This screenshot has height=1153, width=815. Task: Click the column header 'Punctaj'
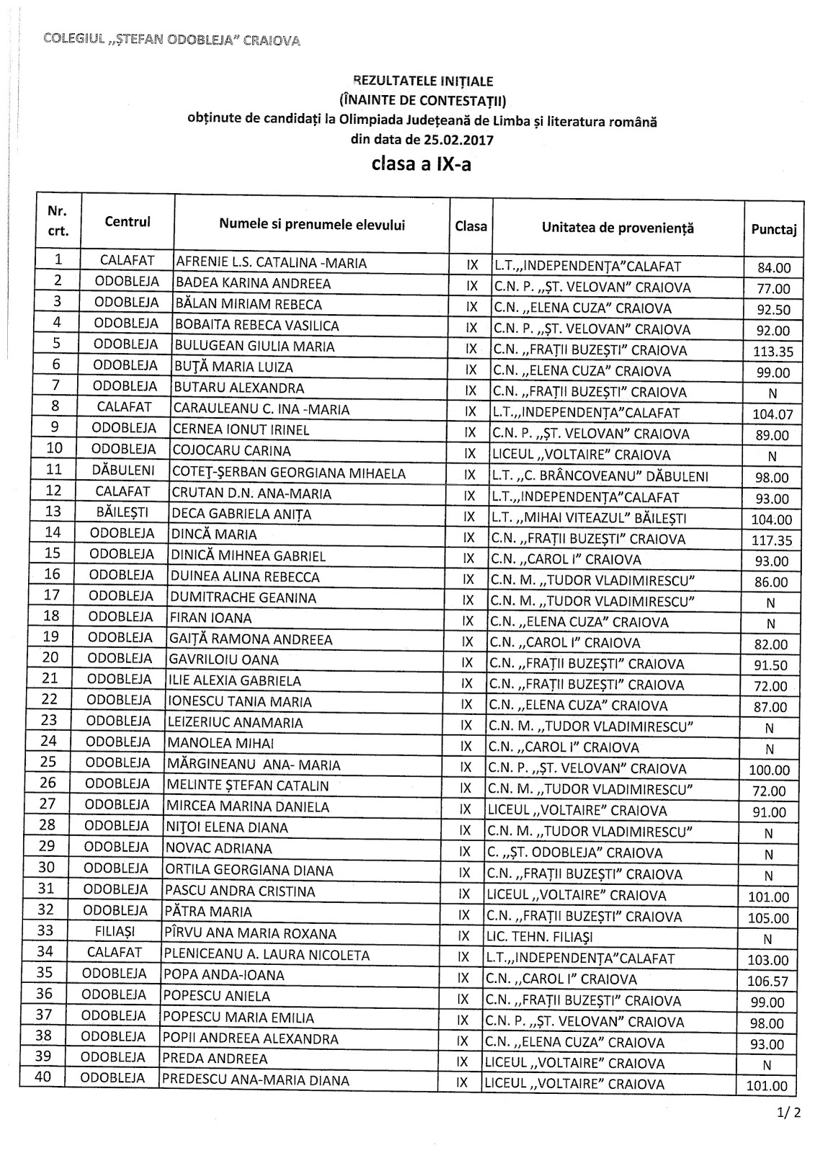click(773, 230)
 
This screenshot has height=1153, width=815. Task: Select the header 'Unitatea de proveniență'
click(617, 228)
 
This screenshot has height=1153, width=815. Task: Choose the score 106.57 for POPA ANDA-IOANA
click(769, 981)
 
